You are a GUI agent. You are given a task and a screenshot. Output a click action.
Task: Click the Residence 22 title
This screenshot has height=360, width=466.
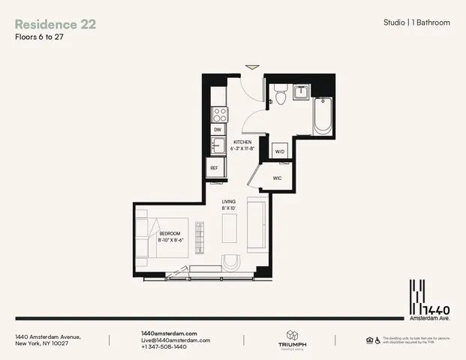(56, 24)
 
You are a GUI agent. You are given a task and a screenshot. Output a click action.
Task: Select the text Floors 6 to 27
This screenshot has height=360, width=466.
(39, 37)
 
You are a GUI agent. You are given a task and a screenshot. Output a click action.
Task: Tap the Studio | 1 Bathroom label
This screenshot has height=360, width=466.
(416, 23)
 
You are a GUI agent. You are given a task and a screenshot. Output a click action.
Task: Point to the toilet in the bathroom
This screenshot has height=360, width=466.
(280, 94)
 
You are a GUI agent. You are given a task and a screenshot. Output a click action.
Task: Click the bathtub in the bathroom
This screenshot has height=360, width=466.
(323, 115)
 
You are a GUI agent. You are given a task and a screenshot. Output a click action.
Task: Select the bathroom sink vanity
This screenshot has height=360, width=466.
(301, 92)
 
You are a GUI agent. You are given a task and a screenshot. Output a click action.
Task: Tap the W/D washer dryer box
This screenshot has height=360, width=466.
(280, 151)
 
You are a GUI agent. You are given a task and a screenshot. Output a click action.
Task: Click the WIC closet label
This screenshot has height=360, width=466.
(277, 178)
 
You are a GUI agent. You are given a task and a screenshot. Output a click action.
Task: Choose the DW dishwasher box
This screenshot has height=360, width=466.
(218, 130)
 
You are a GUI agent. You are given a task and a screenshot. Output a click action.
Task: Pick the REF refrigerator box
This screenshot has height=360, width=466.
(215, 168)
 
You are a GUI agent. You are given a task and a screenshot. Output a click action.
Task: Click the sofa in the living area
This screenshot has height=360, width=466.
(256, 226)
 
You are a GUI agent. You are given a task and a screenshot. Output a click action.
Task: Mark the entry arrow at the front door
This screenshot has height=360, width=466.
(254, 67)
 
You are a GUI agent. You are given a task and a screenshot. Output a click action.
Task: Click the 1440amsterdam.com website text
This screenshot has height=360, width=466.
(169, 333)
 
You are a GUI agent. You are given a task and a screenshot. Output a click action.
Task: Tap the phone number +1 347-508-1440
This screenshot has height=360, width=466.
(164, 347)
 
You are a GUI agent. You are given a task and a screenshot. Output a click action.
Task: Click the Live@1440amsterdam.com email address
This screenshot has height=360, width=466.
(176, 340)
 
